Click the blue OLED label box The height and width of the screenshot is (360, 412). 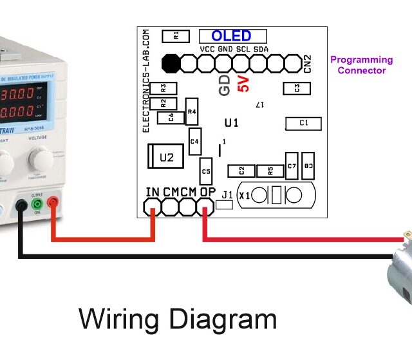[x=231, y=36]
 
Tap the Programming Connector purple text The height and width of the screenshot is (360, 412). [x=361, y=65]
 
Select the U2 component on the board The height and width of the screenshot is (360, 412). [x=167, y=156]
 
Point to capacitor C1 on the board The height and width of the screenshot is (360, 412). [x=304, y=123]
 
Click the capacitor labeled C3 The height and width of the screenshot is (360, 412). [x=295, y=88]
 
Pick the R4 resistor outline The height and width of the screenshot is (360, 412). [x=191, y=112]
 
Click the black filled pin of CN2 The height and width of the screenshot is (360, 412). [x=171, y=63]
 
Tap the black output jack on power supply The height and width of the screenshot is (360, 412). [x=21, y=205]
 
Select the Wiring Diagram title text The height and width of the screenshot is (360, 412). [x=178, y=319]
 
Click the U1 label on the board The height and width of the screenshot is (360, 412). [x=231, y=122]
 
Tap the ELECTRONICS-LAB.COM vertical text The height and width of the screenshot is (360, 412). [x=145, y=81]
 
